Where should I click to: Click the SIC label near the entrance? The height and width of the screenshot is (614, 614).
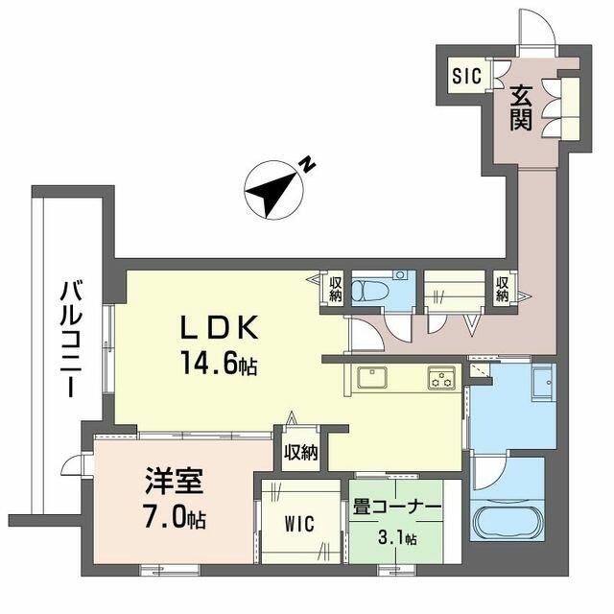pos(466,76)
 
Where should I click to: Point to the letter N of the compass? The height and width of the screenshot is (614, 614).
pos(308,163)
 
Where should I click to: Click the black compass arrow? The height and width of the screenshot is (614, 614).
pos(271,194)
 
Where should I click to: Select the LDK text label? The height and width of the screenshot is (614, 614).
pos(219,327)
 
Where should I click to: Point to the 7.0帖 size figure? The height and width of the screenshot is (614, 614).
pos(175,519)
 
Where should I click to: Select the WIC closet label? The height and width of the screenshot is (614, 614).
pos(299,525)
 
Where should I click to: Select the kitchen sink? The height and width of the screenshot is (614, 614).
pos(372,377)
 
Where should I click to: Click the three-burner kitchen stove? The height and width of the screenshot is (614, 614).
pos(441,378)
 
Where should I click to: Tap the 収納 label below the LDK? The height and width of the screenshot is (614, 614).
pos(300,453)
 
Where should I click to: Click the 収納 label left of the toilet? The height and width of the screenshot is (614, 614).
pos(335,290)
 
